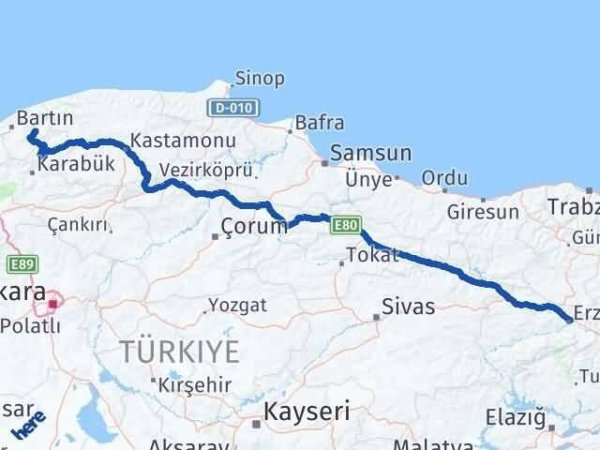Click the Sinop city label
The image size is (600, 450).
260,79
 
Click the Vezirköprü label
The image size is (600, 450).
194,171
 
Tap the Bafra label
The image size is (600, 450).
319,123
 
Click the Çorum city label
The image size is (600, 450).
254,226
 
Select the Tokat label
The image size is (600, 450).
372,255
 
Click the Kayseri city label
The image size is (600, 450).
307,411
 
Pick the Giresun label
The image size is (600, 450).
483,212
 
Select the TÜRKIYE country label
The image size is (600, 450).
179,352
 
